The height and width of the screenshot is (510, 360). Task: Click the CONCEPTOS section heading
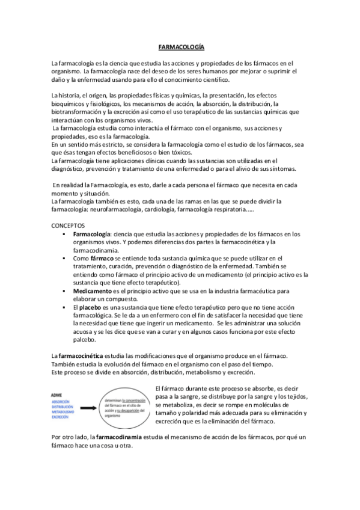click(x=69, y=224)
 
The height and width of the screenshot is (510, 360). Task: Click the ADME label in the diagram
click(x=58, y=395)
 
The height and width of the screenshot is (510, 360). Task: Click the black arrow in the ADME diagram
click(x=89, y=406)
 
